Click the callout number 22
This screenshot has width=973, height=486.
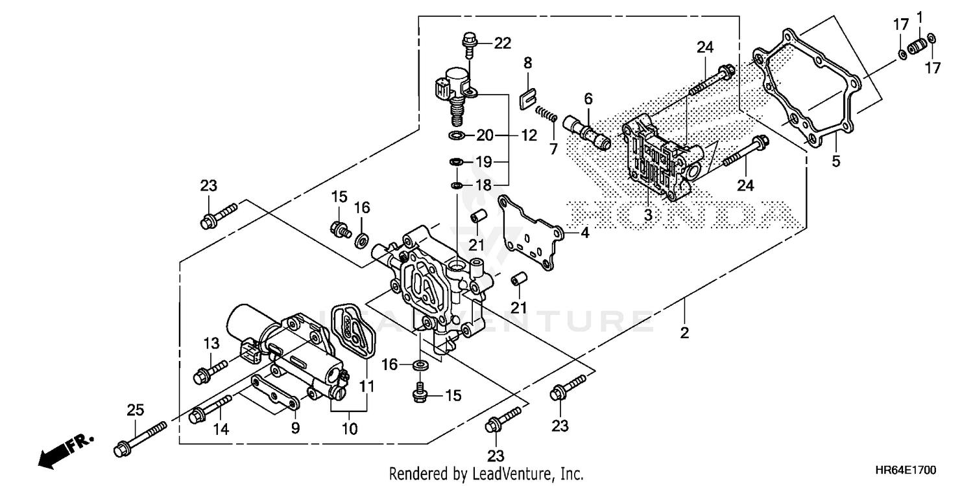pos(503,43)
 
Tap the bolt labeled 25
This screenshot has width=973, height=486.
pos(139,438)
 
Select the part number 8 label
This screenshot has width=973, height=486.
pos(527,63)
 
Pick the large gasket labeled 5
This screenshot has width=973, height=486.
pos(808,84)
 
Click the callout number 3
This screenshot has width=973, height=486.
pos(648,216)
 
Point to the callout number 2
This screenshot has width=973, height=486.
pos(684,333)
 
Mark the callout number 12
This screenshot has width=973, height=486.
pos(529,136)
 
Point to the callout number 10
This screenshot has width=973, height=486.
pos(350,428)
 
